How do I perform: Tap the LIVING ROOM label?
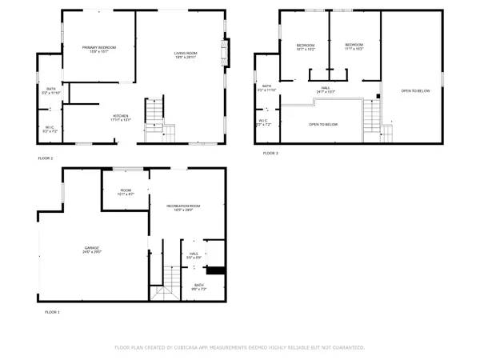186,54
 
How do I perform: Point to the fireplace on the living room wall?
226,54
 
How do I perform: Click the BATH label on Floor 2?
50,90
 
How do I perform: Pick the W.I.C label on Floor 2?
49,126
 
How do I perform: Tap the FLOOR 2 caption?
46,158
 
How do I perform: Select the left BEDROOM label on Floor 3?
306,46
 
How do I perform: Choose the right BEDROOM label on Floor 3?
354,46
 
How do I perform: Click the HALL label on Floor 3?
326,90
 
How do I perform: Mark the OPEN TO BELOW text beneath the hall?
322,124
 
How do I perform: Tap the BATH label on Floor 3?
266,87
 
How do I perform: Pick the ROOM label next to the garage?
126,191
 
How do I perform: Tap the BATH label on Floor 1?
198,286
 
